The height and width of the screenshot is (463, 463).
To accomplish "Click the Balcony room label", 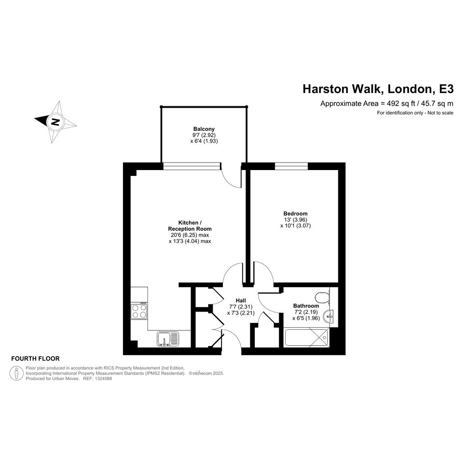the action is click(204, 129).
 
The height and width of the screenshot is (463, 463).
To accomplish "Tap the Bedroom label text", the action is click(295, 214).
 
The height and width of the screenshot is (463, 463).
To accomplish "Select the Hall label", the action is click(241, 301).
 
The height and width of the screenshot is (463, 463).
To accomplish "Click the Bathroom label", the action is click(306, 306).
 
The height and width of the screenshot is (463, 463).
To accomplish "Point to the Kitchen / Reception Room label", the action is click(190, 225).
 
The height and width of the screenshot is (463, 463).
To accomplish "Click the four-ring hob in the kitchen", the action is click(139, 310).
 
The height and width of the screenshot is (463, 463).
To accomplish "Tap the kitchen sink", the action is click(168, 339).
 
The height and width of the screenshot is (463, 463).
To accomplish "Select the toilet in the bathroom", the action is click(322, 298).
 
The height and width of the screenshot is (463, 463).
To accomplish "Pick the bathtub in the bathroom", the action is click(307, 337).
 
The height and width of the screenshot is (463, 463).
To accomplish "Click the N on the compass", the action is click(55, 122).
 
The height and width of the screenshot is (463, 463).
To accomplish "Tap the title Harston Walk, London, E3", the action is click(378, 89).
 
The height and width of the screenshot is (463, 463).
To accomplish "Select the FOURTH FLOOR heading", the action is click(35, 359).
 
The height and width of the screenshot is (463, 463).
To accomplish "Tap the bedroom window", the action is click(292, 166).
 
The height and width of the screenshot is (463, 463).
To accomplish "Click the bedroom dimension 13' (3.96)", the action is click(295, 219).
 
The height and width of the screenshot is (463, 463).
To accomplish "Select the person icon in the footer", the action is click(17, 373).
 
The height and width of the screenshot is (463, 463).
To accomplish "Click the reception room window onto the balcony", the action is click(192, 166).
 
